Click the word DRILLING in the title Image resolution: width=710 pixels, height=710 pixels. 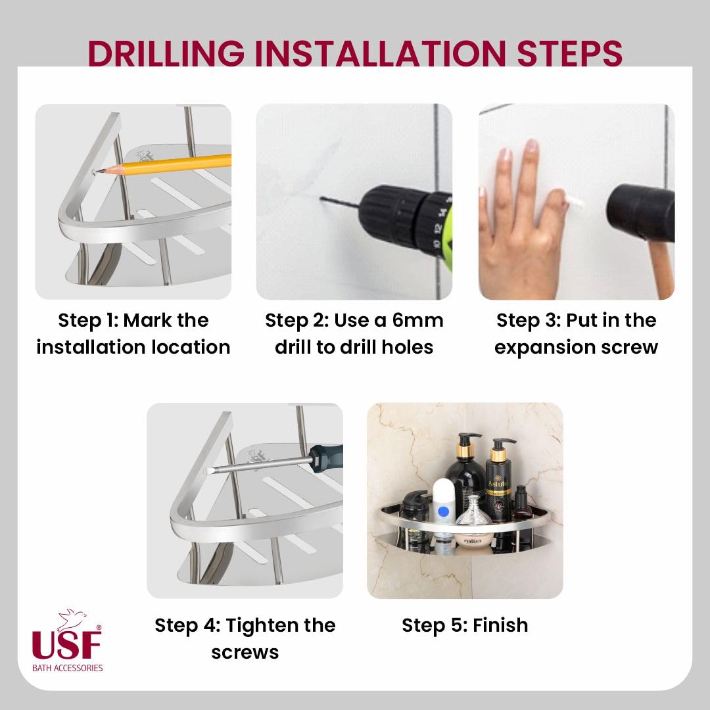click(x=166, y=53)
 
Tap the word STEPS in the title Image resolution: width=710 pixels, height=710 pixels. click(x=569, y=53)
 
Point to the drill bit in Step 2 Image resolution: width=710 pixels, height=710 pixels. click(x=341, y=202)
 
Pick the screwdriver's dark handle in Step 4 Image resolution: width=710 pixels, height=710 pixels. click(x=326, y=458)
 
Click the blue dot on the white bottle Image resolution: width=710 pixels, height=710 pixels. click(x=443, y=512)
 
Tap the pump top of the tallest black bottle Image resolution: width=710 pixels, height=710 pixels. click(x=468, y=442)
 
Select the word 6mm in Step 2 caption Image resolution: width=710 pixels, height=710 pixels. click(x=417, y=320)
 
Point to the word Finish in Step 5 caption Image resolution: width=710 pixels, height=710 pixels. click(x=500, y=625)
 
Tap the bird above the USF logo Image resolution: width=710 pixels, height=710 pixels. click(x=72, y=619)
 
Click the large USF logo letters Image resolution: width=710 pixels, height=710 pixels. click(x=66, y=644)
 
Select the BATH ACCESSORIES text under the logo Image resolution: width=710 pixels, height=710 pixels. click(x=68, y=668)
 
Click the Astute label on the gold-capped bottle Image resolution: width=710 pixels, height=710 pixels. click(x=498, y=484)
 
